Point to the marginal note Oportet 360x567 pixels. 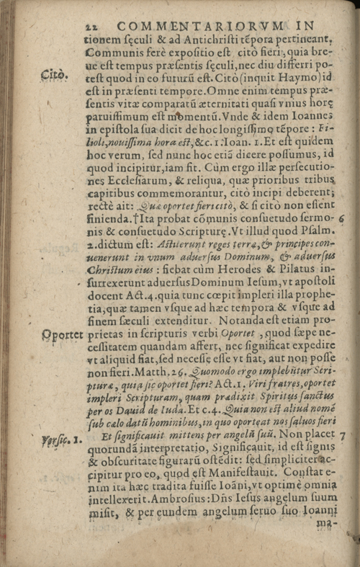[60, 336]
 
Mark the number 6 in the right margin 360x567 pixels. [343, 217]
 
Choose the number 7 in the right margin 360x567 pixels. [343, 436]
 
